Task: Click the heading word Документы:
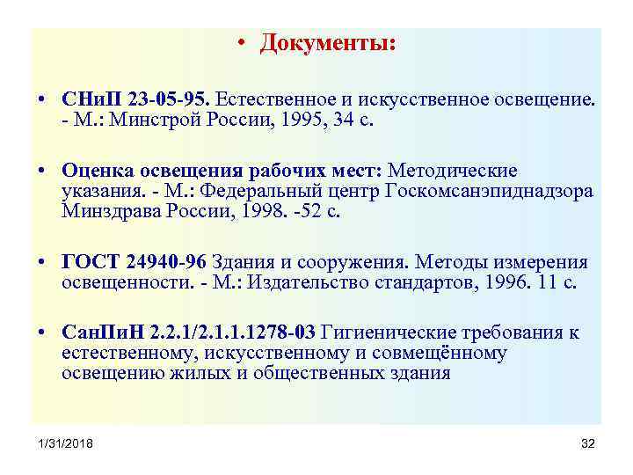tap(327, 43)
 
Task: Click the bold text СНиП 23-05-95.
tap(135, 98)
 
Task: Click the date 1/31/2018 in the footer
tap(64, 443)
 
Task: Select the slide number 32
tap(588, 443)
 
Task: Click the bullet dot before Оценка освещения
tap(42, 170)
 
